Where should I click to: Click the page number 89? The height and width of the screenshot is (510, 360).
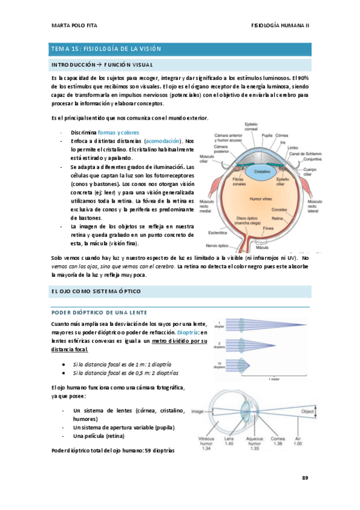click(305, 478)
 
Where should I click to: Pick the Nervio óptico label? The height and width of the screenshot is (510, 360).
click(219, 245)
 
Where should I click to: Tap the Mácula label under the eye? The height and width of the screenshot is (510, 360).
click(262, 247)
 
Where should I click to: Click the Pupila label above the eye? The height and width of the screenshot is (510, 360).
click(267, 135)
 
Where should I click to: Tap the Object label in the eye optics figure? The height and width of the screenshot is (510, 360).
click(307, 412)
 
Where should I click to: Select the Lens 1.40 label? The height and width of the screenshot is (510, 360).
click(228, 443)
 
